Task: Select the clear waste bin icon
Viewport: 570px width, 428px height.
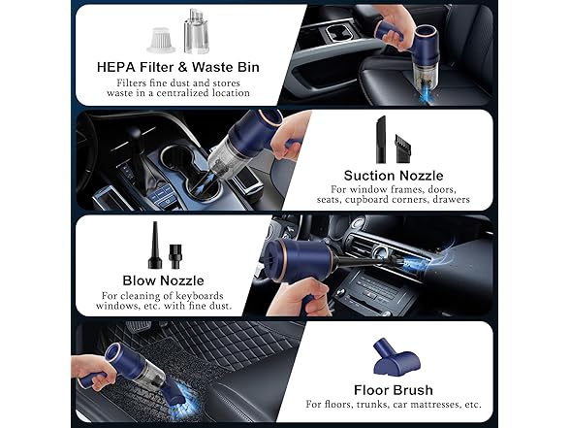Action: click(196, 31)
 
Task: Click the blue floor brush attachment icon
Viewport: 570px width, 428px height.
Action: click(393, 351)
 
